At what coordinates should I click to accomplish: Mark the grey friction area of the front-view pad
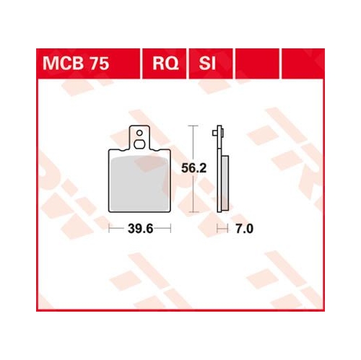pyautogui.click(x=138, y=183)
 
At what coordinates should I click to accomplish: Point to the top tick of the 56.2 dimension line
pyautogui.click(x=193, y=127)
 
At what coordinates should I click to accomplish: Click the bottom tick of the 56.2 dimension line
pyautogui.click(x=193, y=214)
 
